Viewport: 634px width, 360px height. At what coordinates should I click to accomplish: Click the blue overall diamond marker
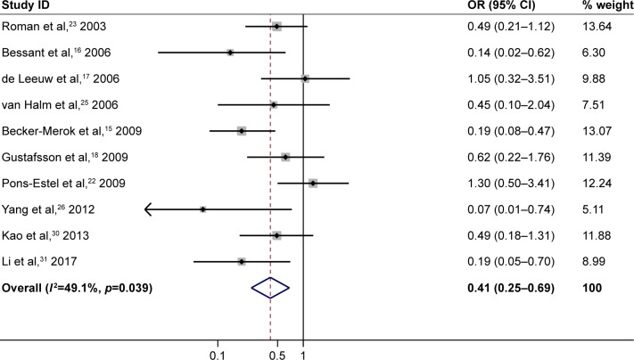coord(270,288)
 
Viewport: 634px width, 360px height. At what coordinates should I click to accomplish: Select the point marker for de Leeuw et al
coord(305,78)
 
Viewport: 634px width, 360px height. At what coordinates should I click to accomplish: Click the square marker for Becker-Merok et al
coord(241,131)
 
